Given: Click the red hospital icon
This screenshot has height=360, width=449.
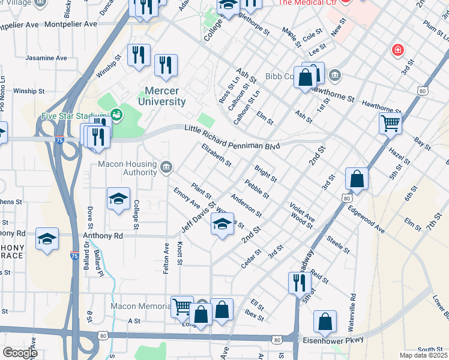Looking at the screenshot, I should [x=397, y=50].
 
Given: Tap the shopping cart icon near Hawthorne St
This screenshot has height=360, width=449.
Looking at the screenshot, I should [x=390, y=124].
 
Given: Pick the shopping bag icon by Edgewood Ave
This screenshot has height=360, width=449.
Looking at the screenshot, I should [x=357, y=178].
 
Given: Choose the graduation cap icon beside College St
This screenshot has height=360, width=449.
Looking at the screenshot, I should [x=119, y=198].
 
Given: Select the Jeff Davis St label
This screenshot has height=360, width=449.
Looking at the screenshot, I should [x=199, y=217].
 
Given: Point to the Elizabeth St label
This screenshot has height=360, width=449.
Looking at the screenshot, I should [x=217, y=154].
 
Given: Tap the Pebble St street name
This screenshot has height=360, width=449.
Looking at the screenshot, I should [x=256, y=189].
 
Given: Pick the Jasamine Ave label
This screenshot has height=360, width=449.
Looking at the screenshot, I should [x=45, y=58].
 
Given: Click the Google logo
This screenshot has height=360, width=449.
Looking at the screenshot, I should [x=20, y=352].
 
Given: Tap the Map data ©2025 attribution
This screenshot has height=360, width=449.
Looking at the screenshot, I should [x=423, y=355].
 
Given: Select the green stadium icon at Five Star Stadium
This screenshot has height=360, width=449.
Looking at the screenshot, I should [x=117, y=113].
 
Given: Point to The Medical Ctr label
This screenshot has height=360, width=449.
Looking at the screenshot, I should [x=307, y=3].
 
